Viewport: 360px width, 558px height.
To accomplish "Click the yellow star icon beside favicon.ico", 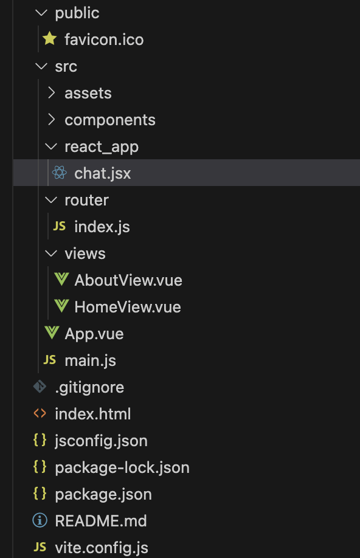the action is (49, 39).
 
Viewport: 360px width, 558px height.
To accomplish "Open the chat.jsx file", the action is (103, 173).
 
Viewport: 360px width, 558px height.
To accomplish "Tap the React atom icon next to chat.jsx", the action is (60, 173).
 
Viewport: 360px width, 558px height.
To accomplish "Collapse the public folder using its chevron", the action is (42, 13).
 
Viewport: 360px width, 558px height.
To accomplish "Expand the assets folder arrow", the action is (52, 93).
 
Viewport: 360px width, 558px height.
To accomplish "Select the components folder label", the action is (110, 120).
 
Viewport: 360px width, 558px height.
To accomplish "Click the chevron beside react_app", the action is (51, 146).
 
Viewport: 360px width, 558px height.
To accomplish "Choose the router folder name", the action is (86, 200).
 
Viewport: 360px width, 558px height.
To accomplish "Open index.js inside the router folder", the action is (102, 227).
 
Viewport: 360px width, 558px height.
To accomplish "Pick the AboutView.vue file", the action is (128, 280).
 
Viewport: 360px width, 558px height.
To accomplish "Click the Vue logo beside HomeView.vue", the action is (61, 306).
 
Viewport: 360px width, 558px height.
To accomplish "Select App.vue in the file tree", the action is (94, 334).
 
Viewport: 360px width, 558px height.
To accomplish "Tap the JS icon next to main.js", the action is (50, 360).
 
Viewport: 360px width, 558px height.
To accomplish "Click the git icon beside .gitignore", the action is (40, 387).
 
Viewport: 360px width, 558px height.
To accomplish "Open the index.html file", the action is (93, 414).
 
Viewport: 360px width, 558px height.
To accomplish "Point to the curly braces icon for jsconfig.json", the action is (40, 440).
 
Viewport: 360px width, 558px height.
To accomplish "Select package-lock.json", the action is (122, 467).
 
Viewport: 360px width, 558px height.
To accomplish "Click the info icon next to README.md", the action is (40, 520).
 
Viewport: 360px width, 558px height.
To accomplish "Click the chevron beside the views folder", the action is (51, 253).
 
